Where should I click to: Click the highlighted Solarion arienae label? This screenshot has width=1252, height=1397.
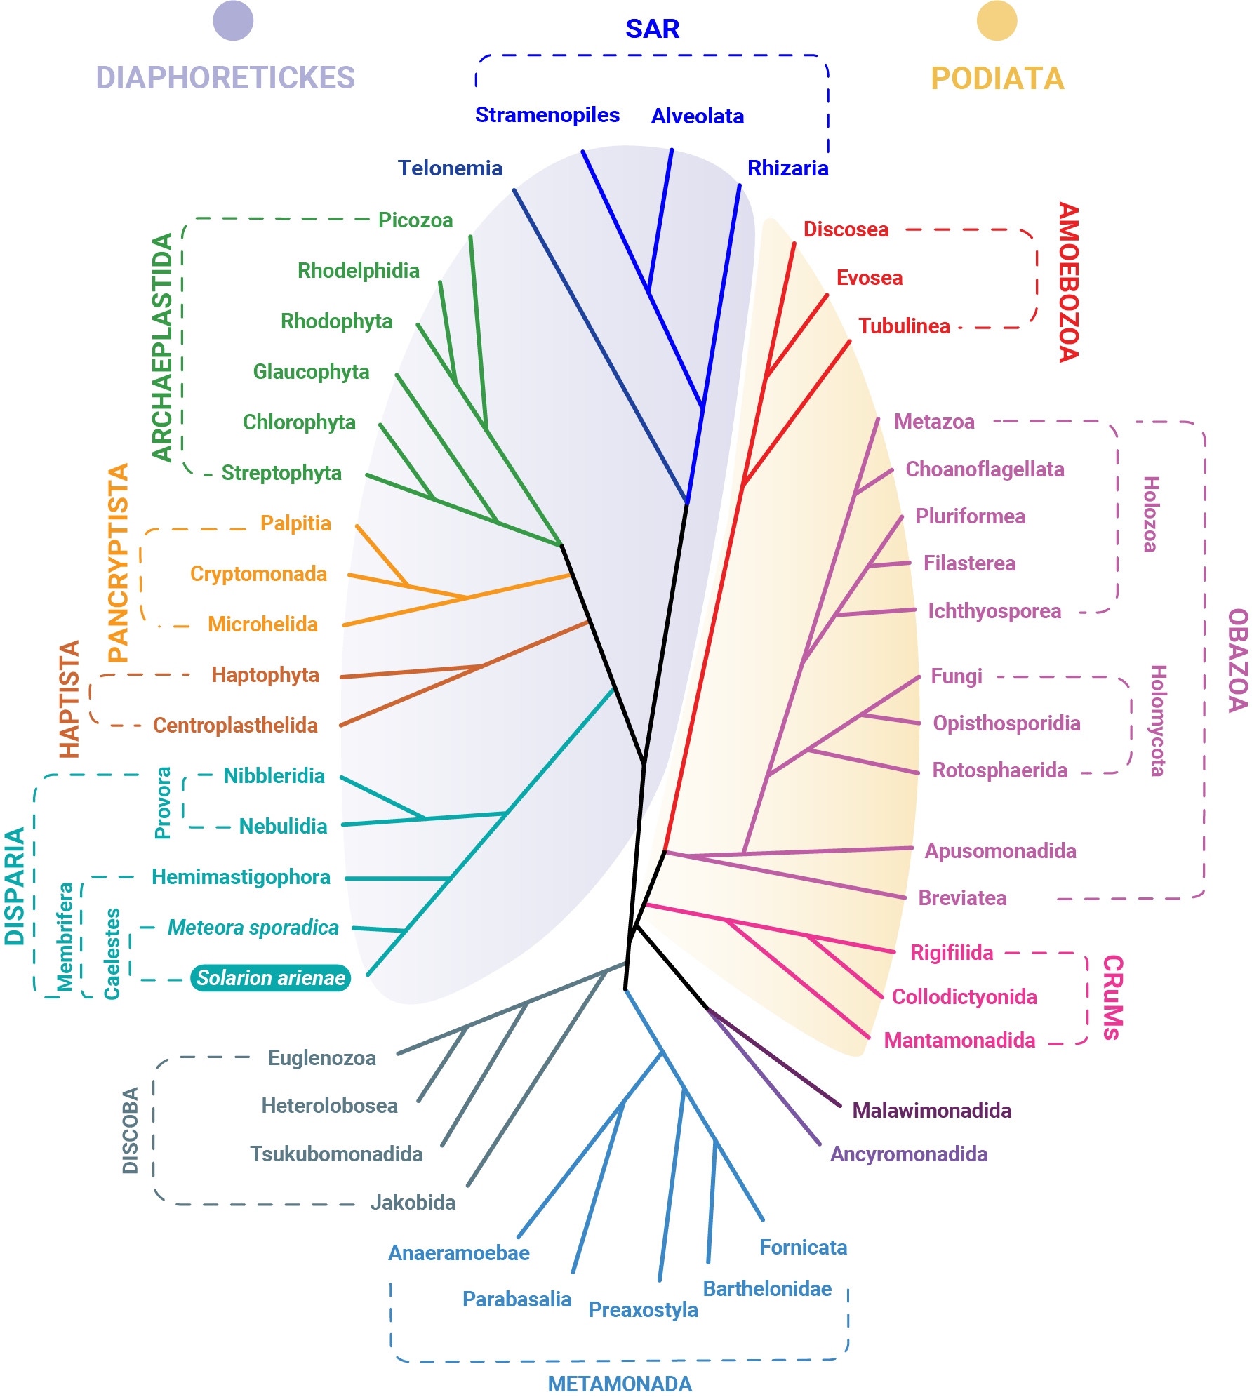(x=270, y=977)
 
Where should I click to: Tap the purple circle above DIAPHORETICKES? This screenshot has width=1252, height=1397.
(x=233, y=21)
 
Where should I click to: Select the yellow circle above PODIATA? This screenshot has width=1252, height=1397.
(x=997, y=21)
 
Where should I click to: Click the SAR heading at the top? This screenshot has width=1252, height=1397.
(x=652, y=29)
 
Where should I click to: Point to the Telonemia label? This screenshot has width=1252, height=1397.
(x=450, y=168)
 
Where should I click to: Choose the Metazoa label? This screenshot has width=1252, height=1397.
(x=934, y=422)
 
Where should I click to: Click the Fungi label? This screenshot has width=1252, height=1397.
(x=956, y=676)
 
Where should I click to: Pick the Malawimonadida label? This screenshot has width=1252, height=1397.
(x=931, y=1110)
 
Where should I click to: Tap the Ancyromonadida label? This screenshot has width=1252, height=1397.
(x=908, y=1154)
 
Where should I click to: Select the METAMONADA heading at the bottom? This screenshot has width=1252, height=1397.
(x=620, y=1383)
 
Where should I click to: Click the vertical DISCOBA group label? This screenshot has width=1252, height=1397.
(x=131, y=1130)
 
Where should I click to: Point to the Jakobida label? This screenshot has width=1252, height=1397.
(x=413, y=1202)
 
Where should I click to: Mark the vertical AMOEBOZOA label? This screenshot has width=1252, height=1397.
(x=1067, y=282)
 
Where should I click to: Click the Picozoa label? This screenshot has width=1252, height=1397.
(x=415, y=220)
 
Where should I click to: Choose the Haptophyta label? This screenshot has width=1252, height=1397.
(x=265, y=675)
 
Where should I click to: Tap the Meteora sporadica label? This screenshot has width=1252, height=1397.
(x=253, y=928)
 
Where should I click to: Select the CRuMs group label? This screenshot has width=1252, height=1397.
(x=1112, y=996)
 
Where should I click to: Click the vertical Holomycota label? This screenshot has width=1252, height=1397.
(x=1157, y=721)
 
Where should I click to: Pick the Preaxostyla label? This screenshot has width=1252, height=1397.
(x=643, y=1309)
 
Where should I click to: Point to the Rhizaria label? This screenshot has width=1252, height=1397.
(x=787, y=168)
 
